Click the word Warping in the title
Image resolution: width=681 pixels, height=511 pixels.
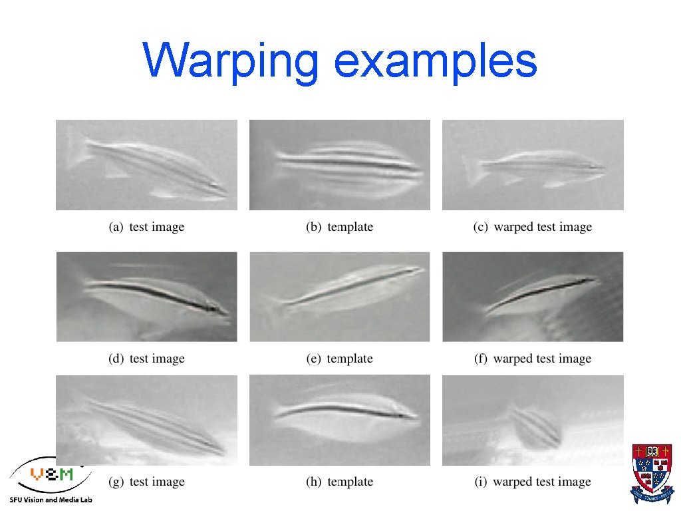[231, 62]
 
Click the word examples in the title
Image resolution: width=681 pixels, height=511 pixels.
[436, 62]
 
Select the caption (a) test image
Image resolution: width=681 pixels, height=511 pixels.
[146, 227]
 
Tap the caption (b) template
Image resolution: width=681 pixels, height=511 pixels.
[339, 227]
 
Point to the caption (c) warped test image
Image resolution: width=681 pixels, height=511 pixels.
[532, 227]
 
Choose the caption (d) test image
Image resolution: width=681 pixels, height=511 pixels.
[146, 359]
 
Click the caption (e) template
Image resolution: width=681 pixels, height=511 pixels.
[339, 359]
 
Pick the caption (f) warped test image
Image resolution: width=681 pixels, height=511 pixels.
[532, 359]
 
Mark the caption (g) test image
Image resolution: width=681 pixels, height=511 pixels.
[146, 482]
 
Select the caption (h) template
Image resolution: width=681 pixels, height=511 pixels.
[339, 482]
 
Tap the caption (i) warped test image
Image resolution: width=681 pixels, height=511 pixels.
[532, 482]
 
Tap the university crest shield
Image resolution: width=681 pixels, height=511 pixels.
[651, 468]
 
